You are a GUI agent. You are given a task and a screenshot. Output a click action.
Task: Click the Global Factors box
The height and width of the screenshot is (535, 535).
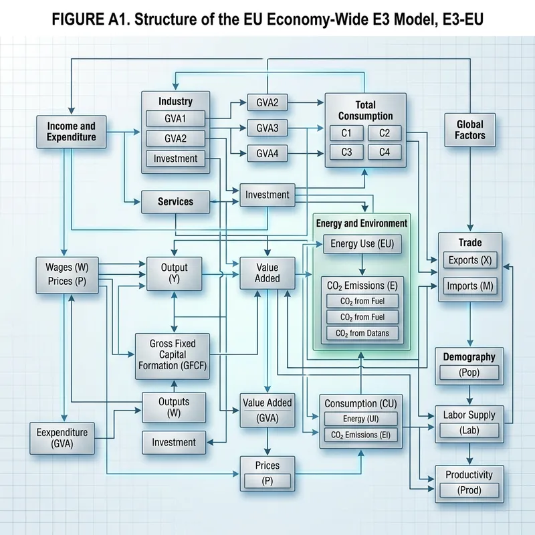pos(469,129)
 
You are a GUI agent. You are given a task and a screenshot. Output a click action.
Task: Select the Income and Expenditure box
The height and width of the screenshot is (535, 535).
pos(72,131)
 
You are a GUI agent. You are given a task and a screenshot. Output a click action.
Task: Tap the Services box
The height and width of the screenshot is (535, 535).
pos(175,201)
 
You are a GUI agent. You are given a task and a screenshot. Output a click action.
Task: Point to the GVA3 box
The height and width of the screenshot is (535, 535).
pos(267,127)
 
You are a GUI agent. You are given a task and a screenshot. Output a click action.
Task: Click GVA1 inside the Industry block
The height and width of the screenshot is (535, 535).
pos(175,120)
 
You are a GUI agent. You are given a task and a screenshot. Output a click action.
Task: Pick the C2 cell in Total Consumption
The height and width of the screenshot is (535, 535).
pos(385,132)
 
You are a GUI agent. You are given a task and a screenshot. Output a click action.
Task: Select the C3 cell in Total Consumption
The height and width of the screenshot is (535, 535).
pos(346,152)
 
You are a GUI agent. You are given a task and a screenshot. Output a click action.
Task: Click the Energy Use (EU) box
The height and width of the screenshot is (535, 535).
pos(362,244)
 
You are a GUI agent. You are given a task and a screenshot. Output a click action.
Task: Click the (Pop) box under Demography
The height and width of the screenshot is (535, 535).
pos(469,373)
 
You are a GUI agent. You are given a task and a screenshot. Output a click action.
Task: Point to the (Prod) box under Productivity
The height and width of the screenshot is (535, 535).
pos(469,490)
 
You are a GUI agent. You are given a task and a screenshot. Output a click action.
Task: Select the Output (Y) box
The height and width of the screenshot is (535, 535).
pos(175,273)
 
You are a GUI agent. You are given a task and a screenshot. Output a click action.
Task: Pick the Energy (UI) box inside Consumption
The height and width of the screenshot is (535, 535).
pos(360,419)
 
